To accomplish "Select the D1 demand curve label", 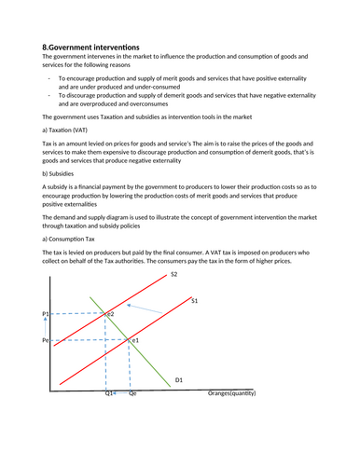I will click(x=179, y=379).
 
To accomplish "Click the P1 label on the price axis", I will click(x=46, y=315).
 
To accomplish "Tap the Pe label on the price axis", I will click(x=46, y=342).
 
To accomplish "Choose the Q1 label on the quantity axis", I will click(x=108, y=394).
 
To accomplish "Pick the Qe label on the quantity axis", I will click(x=132, y=394).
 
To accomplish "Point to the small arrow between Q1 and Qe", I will click(x=116, y=394).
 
